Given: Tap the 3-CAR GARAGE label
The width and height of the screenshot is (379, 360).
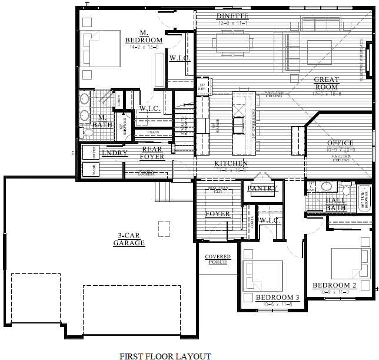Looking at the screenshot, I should (x=130, y=239).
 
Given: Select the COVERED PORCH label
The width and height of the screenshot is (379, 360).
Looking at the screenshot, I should (x=217, y=259).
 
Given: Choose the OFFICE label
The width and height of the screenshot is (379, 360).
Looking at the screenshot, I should (x=340, y=143).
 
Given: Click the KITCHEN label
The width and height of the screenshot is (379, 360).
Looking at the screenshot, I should (x=231, y=163).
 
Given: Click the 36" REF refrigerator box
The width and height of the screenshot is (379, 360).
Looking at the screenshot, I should (x=202, y=87).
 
